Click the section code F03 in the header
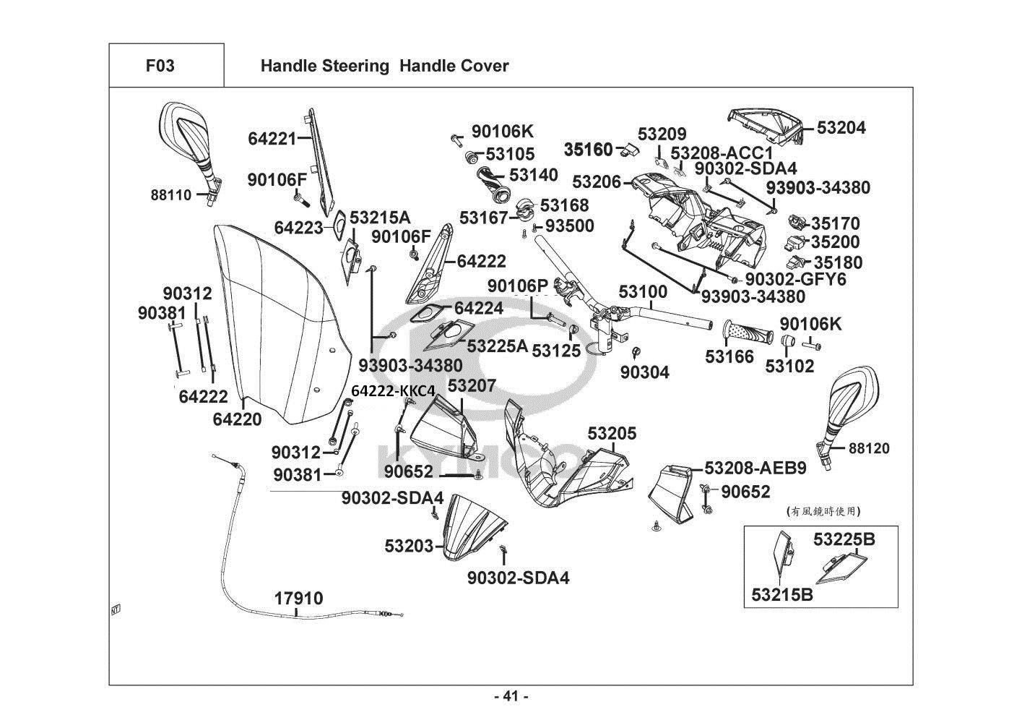(160, 66)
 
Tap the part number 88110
(171, 194)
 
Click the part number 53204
(841, 128)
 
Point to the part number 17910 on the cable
(298, 599)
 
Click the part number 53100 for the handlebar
(643, 292)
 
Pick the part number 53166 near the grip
(729, 356)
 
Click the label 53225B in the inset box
(844, 539)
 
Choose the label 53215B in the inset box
(781, 595)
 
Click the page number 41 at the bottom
(511, 696)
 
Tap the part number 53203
(409, 546)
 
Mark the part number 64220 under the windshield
(238, 419)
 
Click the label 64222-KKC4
(394, 391)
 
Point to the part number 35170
(835, 223)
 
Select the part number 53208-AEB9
(755, 468)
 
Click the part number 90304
(645, 372)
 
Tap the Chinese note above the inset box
(823, 511)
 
